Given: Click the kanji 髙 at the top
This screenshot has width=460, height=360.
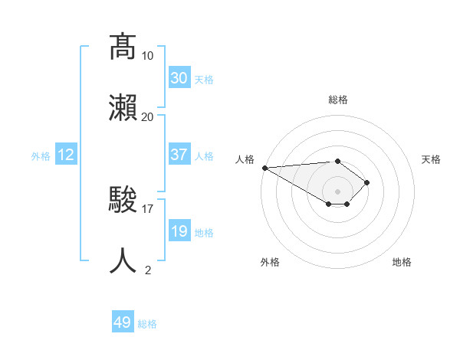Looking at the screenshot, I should (123, 47).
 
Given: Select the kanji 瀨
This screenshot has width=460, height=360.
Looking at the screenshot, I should (123, 107).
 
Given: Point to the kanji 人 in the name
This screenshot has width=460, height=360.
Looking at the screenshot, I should (123, 260).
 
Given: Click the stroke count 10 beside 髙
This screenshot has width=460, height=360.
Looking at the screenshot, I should (148, 56).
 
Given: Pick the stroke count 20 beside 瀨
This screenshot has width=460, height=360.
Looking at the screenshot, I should (148, 116).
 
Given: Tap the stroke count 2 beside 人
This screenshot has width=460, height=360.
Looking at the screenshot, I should (148, 270).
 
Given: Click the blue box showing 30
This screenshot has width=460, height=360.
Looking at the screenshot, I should (179, 78).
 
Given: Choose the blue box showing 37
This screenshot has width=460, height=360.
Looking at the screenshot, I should (179, 155).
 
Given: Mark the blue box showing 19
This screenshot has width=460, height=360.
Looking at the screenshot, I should (179, 231).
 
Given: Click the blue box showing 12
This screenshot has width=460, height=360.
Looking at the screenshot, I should (66, 155).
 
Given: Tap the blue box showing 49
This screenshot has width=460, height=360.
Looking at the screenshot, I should (123, 322).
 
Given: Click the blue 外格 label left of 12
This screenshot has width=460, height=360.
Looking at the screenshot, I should (41, 155).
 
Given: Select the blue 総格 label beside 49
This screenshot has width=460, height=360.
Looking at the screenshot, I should (147, 323).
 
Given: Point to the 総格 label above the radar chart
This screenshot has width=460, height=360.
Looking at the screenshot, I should (337, 100).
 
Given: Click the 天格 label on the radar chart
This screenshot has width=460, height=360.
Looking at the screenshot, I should (432, 159).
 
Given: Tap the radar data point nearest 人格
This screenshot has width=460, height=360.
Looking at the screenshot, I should (264, 168).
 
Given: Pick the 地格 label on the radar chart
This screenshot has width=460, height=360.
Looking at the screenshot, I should (402, 262).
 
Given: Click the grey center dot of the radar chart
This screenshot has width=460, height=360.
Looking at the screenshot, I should (337, 191).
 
